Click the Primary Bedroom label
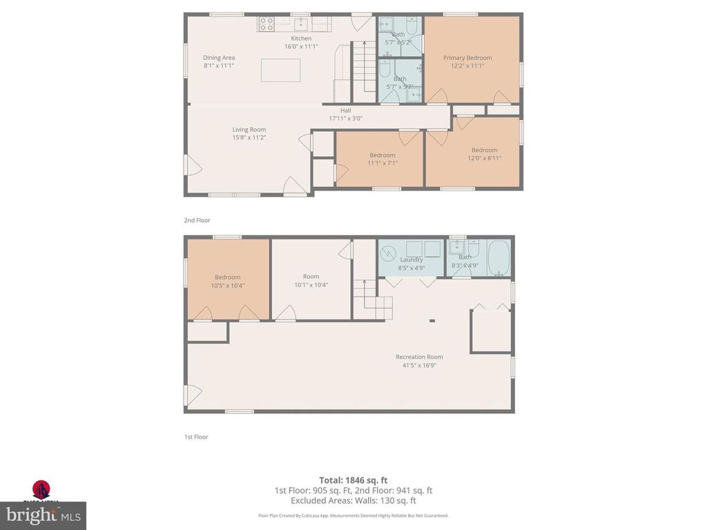click(467, 58)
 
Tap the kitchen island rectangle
click(280, 70)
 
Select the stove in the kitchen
click(267, 24)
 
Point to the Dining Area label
click(219, 58)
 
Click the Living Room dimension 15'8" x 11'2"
click(249, 137)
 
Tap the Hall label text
click(345, 110)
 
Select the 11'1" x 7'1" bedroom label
click(382, 163)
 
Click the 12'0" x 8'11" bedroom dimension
click(484, 158)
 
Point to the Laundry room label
click(411, 259)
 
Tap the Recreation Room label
click(419, 357)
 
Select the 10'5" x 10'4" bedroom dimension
click(227, 285)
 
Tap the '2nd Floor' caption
click(197, 220)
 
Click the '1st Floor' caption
click(196, 437)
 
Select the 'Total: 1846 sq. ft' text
click(353, 480)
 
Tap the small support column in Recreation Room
click(432, 320)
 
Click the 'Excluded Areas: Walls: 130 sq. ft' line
click(353, 500)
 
